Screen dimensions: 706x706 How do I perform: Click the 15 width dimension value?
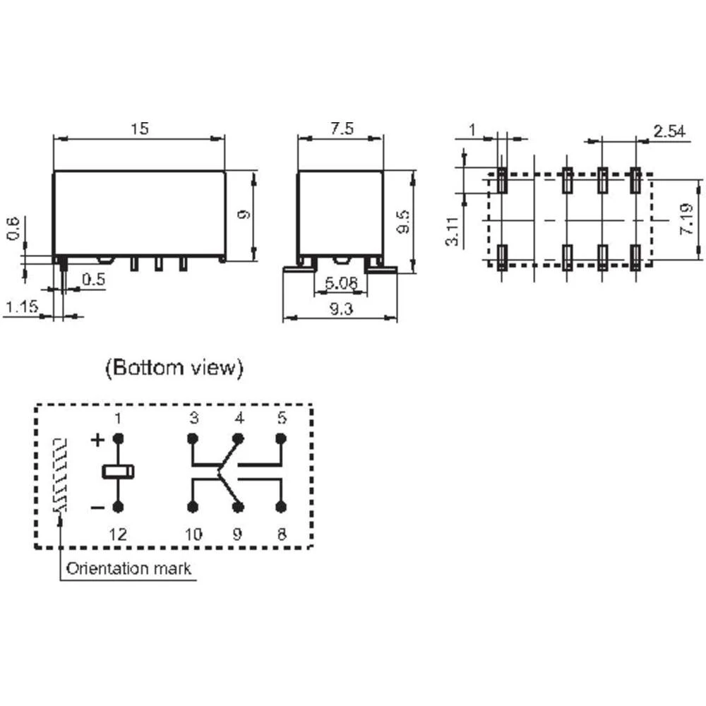click(x=140, y=128)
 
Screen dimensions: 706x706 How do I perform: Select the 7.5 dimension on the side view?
click(x=342, y=128)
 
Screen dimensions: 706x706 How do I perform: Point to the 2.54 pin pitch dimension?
click(x=669, y=131)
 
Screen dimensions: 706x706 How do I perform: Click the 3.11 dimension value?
click(x=452, y=231)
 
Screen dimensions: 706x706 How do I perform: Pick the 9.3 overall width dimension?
click(x=341, y=309)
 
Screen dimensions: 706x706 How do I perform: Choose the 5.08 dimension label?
click(x=341, y=283)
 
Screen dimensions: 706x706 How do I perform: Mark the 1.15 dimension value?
click(x=22, y=307)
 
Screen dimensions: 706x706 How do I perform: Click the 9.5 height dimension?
click(x=403, y=222)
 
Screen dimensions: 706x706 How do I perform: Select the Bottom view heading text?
click(x=174, y=367)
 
